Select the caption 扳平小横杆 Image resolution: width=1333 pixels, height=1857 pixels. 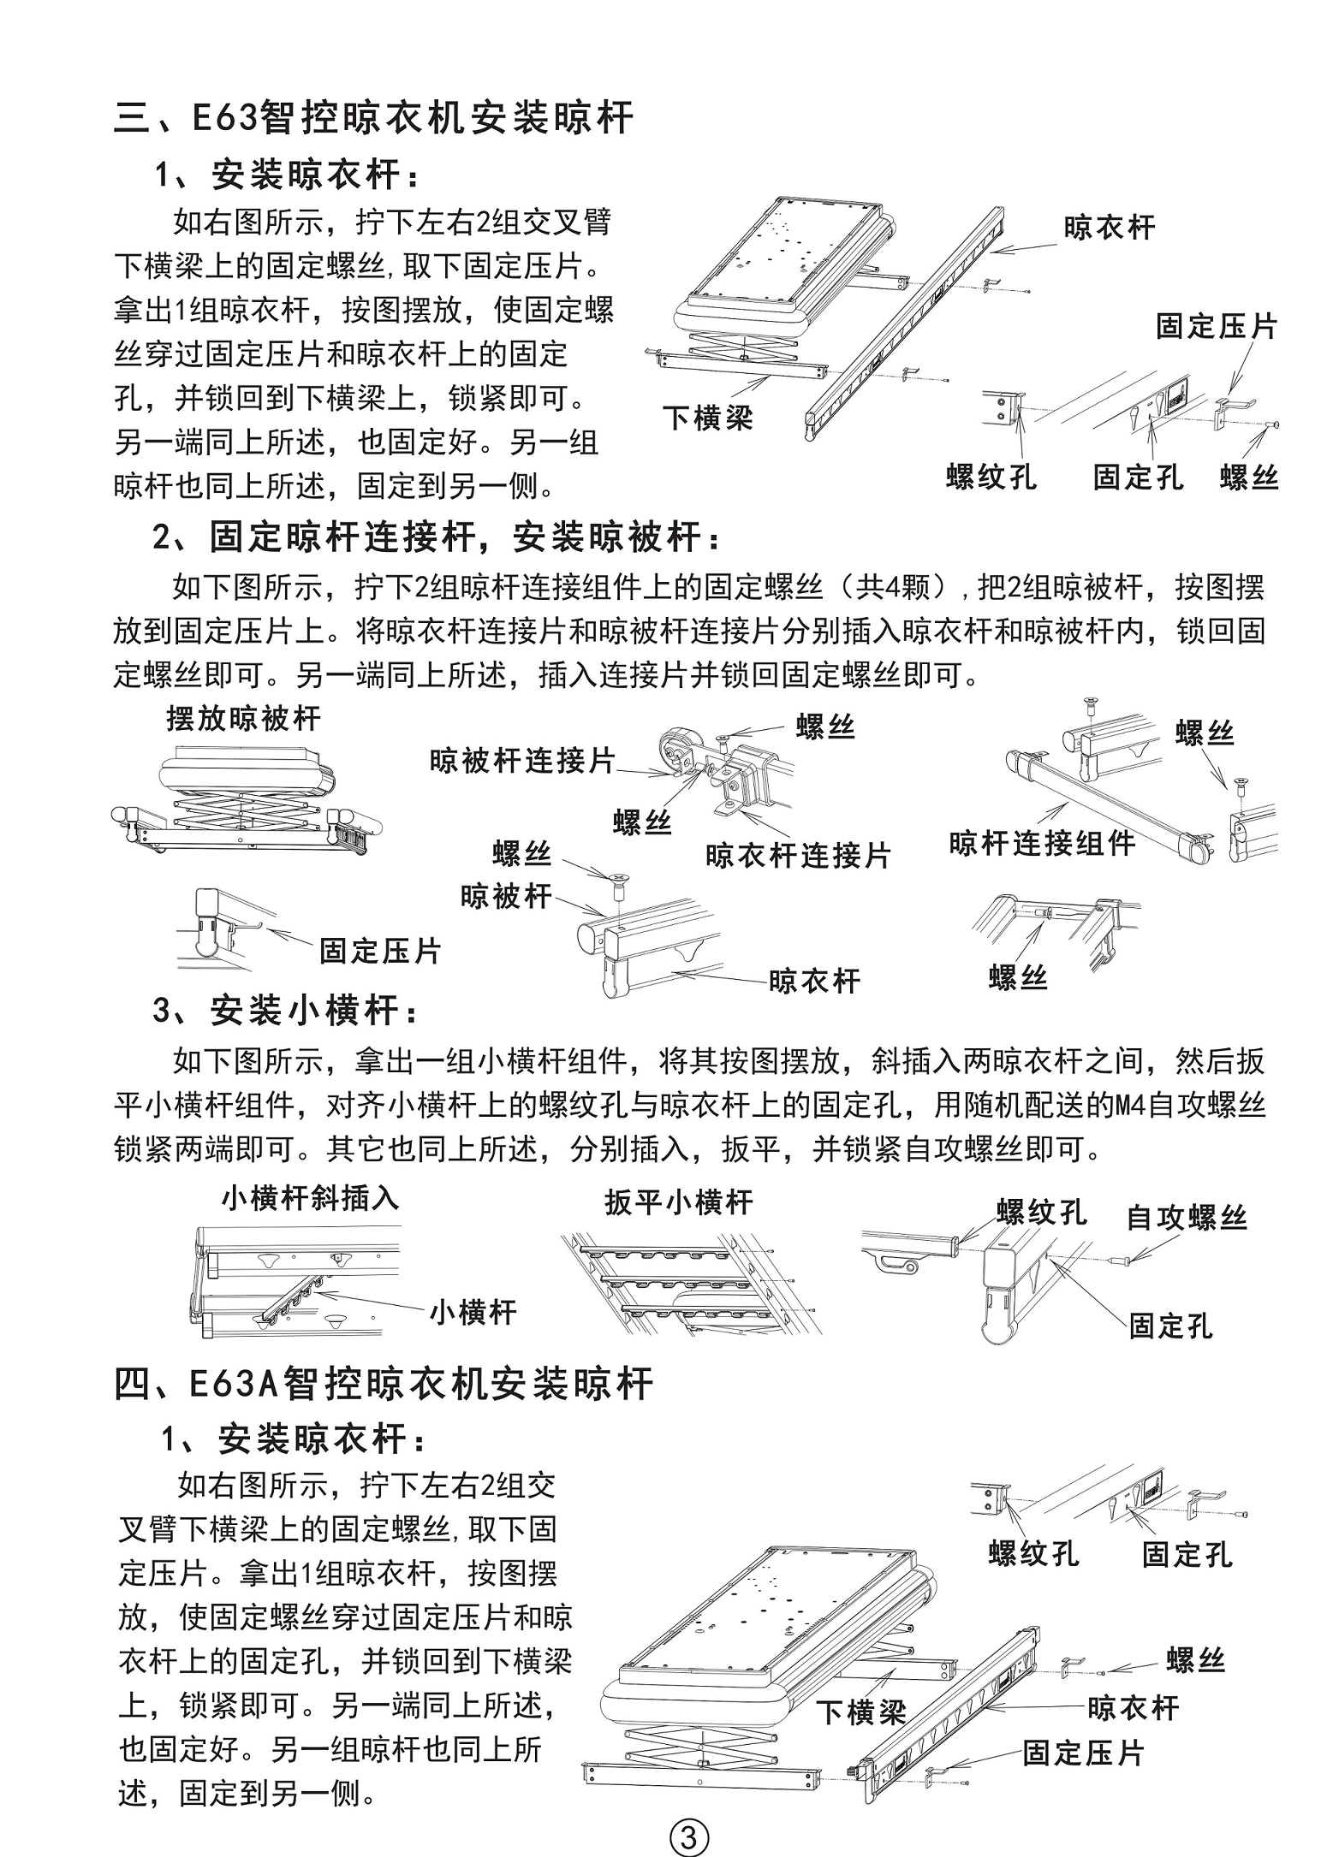click(x=679, y=1202)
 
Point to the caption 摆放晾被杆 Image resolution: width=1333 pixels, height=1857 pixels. click(x=243, y=718)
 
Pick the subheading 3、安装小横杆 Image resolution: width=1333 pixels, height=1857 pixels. click(x=287, y=1011)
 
